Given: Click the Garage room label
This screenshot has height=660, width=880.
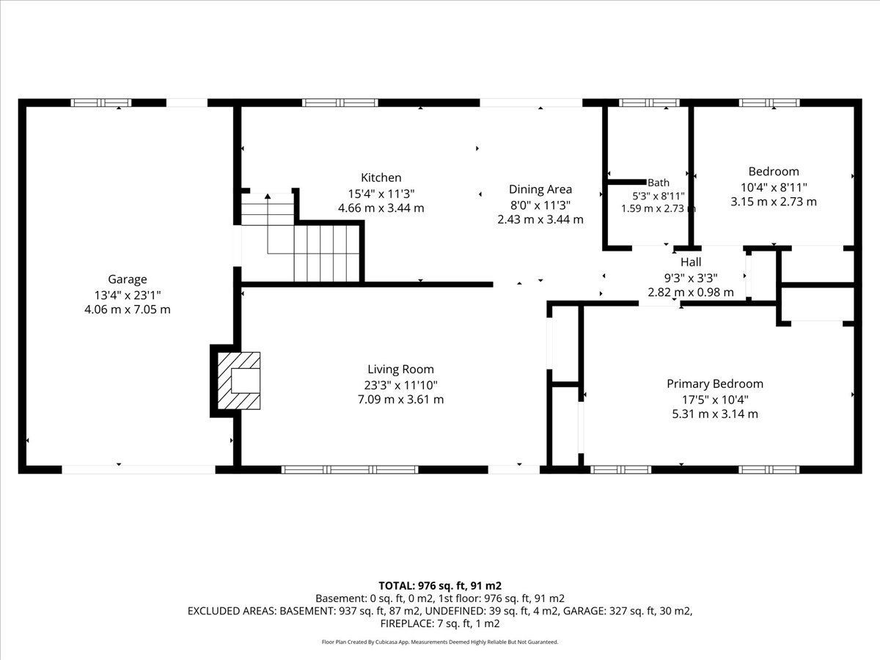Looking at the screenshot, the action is [x=128, y=279].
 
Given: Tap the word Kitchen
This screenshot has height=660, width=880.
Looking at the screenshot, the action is [x=381, y=177].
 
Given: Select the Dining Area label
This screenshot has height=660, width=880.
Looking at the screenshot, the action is [x=540, y=189].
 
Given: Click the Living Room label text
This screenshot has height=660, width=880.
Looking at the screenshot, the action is [x=400, y=369].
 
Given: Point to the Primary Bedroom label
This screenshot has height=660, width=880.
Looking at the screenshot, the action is [x=715, y=384].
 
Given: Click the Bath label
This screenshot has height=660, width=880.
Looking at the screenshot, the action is [x=659, y=183].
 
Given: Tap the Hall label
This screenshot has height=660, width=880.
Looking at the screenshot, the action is [x=691, y=262].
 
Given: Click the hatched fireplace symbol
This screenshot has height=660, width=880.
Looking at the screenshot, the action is [x=238, y=381].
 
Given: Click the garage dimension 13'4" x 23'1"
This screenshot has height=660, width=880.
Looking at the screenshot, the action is [x=128, y=296].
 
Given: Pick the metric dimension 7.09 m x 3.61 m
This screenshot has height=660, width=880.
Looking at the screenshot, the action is [x=400, y=400].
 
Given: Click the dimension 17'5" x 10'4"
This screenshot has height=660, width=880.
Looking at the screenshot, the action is [x=715, y=400].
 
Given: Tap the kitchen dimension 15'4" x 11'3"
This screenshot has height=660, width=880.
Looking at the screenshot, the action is [x=381, y=194].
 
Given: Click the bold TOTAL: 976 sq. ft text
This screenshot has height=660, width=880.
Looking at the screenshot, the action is [x=422, y=586].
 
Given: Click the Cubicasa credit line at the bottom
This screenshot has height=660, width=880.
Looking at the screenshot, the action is [x=440, y=642].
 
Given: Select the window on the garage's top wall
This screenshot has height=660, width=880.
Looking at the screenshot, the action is [x=101, y=103].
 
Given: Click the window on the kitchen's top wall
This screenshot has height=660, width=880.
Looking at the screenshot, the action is [x=340, y=103].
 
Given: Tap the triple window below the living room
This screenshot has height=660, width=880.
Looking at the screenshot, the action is [x=350, y=469].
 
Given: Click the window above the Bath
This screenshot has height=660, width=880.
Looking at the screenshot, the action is [x=649, y=103].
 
